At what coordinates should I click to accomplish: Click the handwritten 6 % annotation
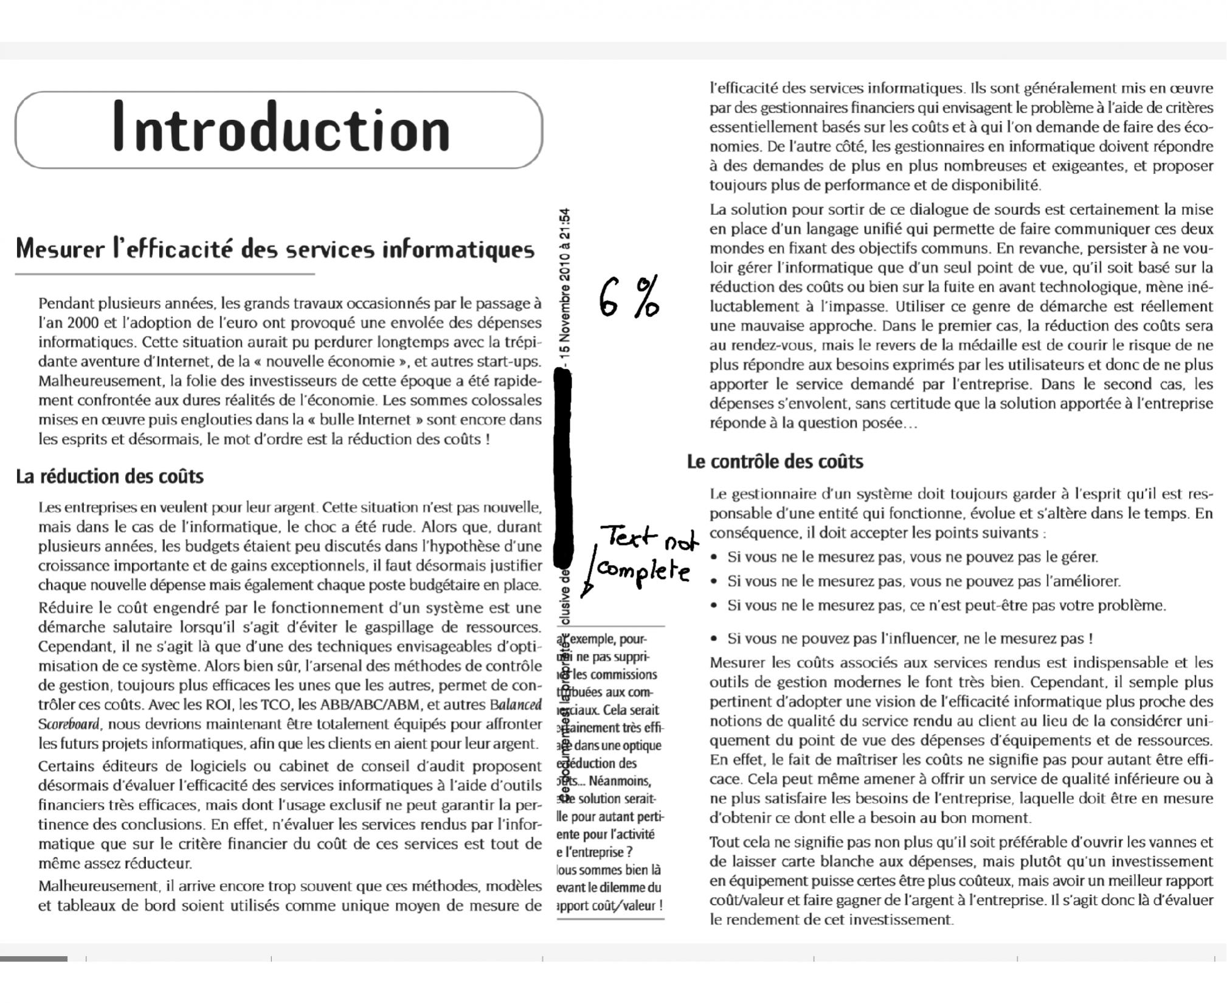[x=628, y=297]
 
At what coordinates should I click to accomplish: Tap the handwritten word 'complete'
[x=643, y=571]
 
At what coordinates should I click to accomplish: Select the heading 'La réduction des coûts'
[x=109, y=476]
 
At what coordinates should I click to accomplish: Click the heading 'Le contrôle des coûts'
[x=775, y=462]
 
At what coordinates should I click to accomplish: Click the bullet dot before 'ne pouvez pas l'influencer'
[x=715, y=639]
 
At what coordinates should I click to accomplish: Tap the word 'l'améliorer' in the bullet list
[x=1084, y=581]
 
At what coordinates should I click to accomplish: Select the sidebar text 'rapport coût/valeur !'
[x=609, y=905]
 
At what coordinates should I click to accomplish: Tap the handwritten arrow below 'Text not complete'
[x=587, y=578]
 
